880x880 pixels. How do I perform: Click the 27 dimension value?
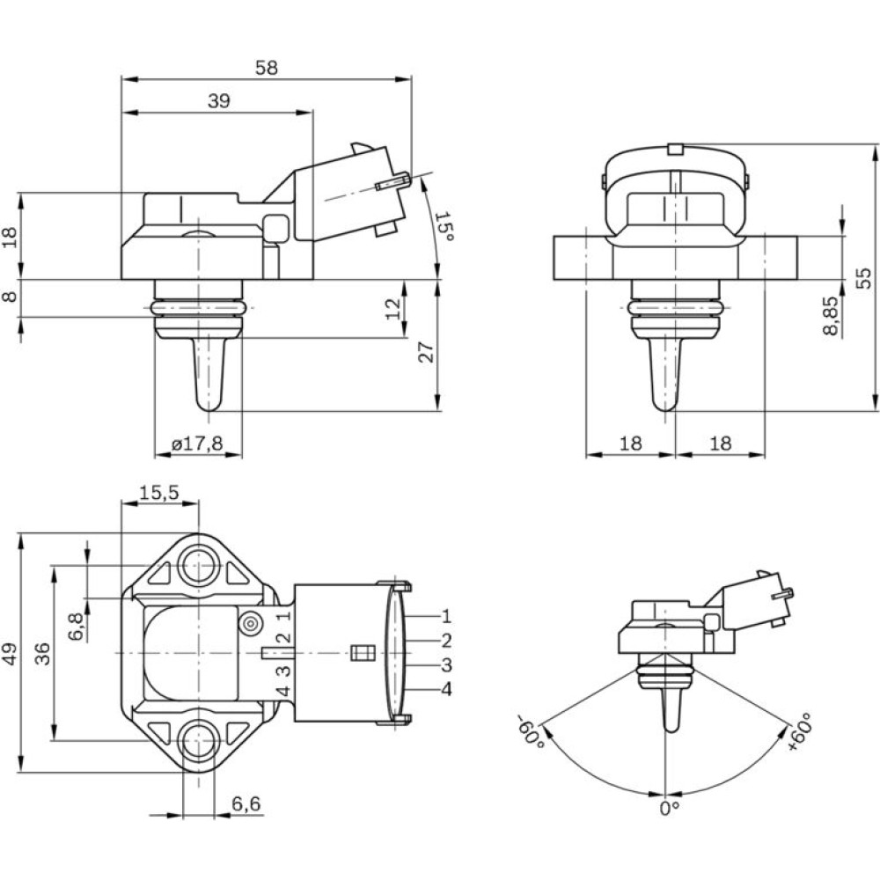click(x=425, y=353)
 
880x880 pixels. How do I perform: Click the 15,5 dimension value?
click(x=159, y=494)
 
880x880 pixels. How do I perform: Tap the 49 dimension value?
click(x=11, y=652)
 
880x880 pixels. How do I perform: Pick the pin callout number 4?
click(x=446, y=689)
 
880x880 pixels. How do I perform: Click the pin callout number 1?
click(x=446, y=616)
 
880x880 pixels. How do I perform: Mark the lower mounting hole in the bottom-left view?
click(x=200, y=740)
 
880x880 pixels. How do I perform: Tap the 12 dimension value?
click(x=393, y=308)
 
